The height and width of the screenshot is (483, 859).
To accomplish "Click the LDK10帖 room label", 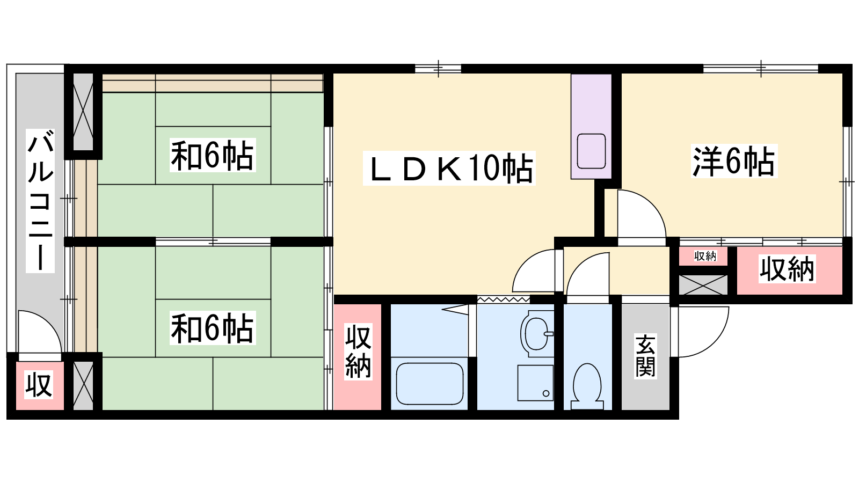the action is [449, 169].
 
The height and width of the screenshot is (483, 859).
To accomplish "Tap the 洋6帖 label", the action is [734, 161].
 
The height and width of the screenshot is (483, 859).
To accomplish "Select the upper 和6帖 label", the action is [213, 155].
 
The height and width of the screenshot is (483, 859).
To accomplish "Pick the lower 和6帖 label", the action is [213, 328].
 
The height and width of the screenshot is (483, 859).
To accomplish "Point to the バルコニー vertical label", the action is [40, 201].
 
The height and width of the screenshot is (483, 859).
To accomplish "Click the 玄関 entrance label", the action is [646, 356].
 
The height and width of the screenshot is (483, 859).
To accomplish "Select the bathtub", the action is [429, 384].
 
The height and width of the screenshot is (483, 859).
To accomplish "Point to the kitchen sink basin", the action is [591, 151].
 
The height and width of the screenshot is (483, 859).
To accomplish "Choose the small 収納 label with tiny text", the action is [705, 256].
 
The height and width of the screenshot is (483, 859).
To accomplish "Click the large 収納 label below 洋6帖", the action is [787, 269].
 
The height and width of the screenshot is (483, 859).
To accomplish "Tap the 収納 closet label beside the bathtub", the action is [358, 352].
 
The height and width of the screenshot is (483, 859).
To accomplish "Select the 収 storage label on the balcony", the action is [39, 385].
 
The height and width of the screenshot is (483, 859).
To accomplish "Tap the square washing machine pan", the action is [535, 383].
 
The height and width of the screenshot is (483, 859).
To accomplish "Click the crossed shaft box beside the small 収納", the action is [703, 285].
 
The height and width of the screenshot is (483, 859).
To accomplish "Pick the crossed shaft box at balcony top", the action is [83, 112].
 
